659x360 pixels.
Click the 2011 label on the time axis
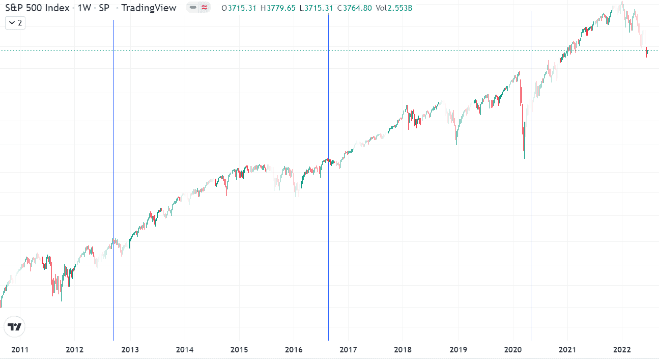19,350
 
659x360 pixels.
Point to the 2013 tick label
130,350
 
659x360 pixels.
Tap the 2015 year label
239,350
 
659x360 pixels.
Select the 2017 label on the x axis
348,350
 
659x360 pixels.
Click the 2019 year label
457,350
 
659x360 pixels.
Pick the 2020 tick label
512,350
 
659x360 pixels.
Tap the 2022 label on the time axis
622,350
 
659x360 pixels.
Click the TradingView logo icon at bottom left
15,327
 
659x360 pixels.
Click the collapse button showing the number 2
15,23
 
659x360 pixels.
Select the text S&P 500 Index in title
37,8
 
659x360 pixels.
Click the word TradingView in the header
149,8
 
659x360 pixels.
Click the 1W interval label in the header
84,8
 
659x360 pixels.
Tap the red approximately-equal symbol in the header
204,8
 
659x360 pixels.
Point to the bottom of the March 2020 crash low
524,158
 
